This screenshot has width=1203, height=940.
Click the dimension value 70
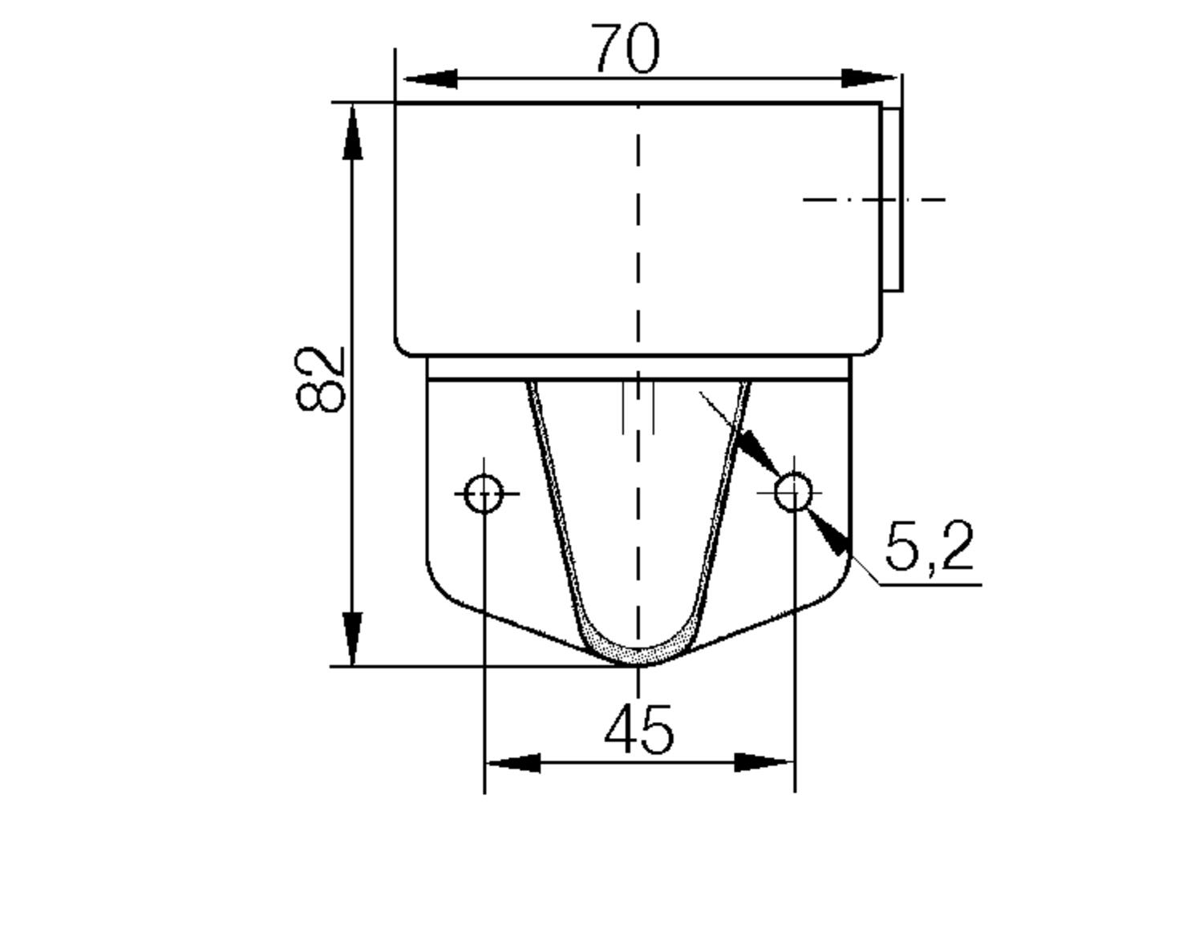click(626, 49)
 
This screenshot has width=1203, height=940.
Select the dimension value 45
click(638, 730)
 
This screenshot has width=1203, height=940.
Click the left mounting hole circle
click(484, 493)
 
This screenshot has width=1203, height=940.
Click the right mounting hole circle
click(793, 492)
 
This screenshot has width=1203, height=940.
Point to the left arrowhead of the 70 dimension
click(431, 79)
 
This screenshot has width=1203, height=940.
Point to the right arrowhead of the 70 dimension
click(869, 79)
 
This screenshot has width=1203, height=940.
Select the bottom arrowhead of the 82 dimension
click(353, 638)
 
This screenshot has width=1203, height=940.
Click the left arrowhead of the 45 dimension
click(513, 762)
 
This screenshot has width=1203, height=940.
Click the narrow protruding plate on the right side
click(892, 199)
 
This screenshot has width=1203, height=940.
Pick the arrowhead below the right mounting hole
click(829, 535)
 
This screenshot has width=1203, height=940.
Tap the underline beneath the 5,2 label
click(930, 584)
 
